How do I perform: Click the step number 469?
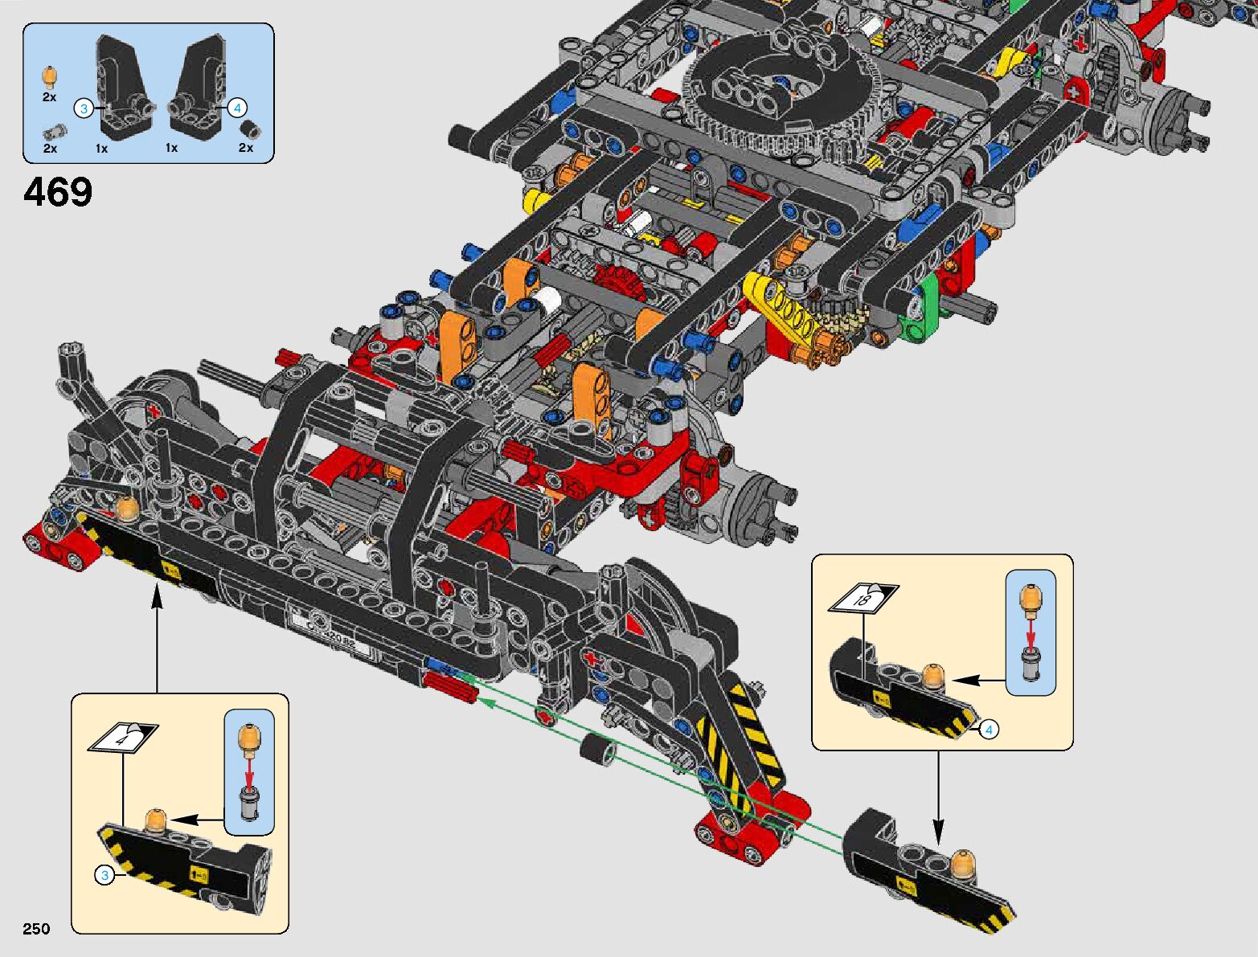click(x=58, y=193)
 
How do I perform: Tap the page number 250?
click(x=36, y=929)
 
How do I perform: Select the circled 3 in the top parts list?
click(x=84, y=108)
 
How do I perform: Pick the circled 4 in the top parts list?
click(x=237, y=108)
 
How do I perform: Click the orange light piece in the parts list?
click(x=50, y=77)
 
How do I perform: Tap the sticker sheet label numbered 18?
click(x=863, y=598)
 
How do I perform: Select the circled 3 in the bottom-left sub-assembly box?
click(x=104, y=875)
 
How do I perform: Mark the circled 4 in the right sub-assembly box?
click(x=990, y=730)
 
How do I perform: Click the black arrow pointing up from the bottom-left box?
click(x=157, y=635)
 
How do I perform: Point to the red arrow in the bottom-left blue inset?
click(x=249, y=775)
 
